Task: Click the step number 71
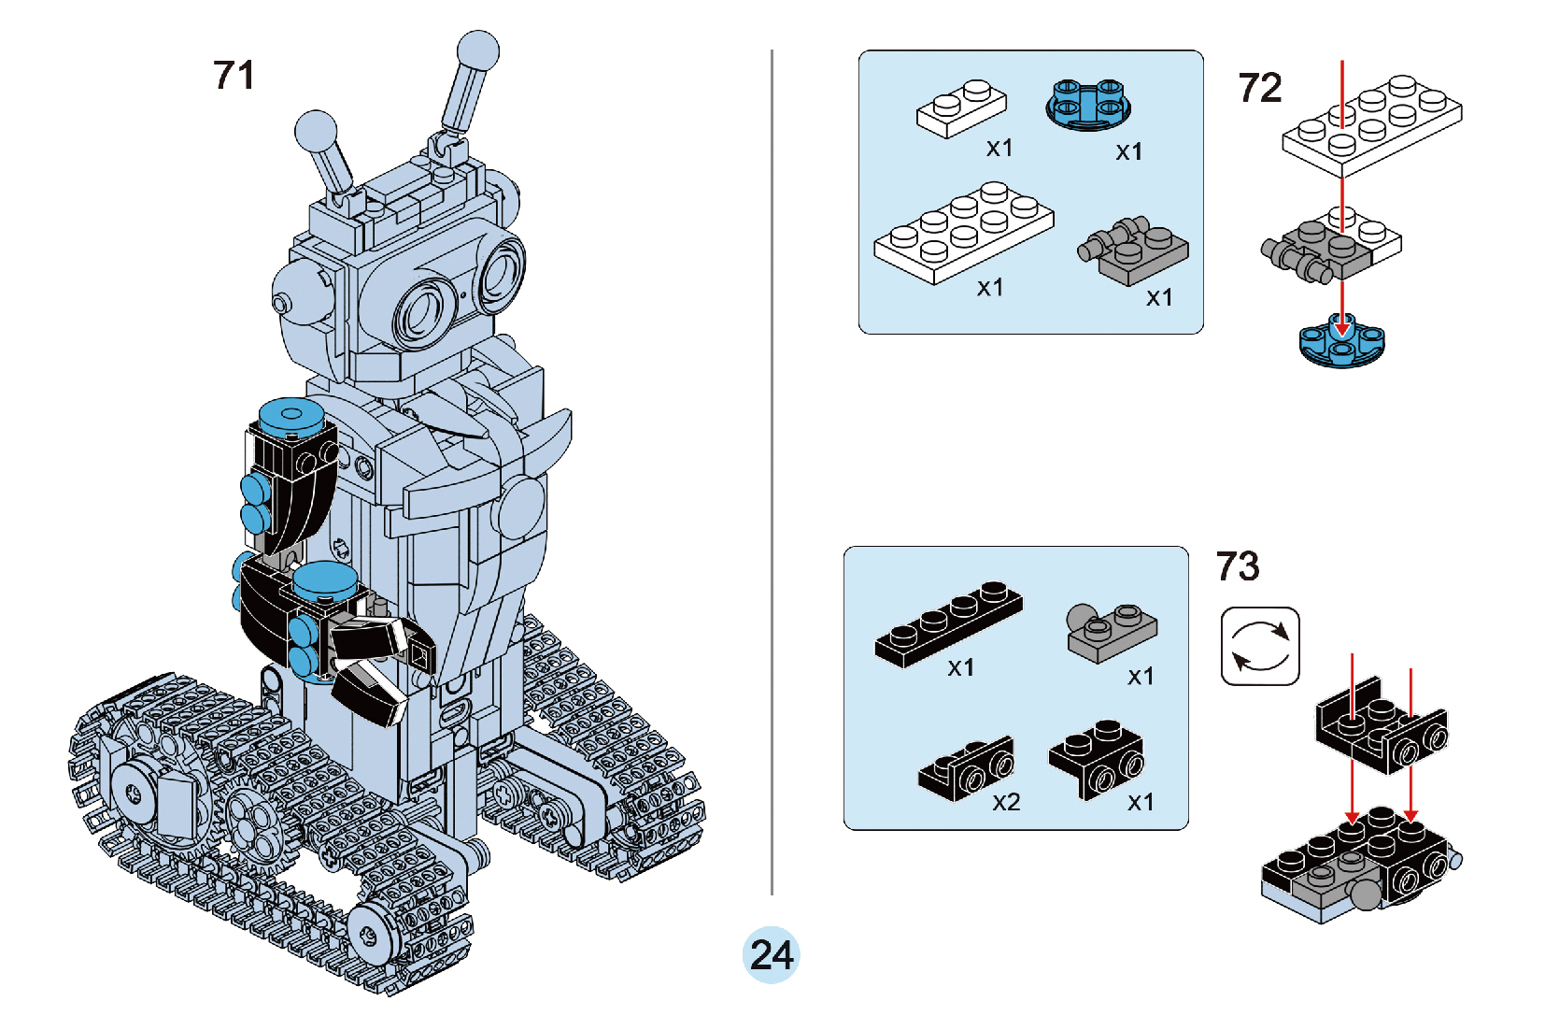(234, 76)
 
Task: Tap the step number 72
(1259, 89)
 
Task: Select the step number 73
(1238, 566)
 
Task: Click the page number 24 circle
(772, 955)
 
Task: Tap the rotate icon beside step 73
(1260, 646)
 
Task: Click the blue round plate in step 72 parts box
(1088, 105)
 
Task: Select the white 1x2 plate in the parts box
(961, 108)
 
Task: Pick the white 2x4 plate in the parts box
(963, 231)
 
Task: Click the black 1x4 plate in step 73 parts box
(947, 623)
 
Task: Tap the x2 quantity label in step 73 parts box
(1006, 802)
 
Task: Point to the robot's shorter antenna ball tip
(316, 130)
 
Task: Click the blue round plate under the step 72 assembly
(1341, 343)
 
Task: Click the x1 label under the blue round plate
(1128, 151)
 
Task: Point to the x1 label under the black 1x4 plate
(960, 667)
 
